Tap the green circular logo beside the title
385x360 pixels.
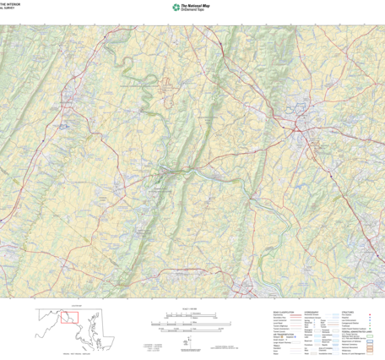click(x=176, y=8)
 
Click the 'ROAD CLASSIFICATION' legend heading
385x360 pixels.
click(x=285, y=311)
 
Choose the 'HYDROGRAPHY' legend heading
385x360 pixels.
click(x=314, y=311)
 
